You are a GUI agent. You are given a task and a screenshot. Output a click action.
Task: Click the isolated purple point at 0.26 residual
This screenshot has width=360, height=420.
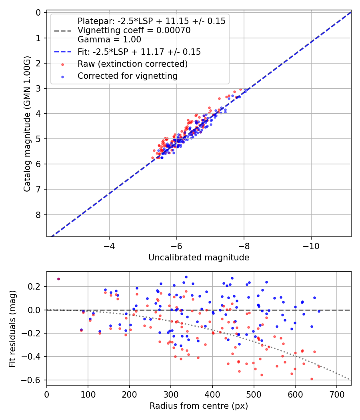(58, 279)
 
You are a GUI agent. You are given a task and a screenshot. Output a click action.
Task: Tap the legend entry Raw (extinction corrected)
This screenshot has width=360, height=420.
(132, 64)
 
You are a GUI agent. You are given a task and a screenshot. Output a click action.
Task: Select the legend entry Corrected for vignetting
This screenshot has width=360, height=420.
(128, 76)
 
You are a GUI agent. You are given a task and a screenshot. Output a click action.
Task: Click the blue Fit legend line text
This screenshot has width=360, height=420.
(139, 52)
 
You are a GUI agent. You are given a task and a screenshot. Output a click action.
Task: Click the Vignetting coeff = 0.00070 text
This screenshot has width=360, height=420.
(134, 30)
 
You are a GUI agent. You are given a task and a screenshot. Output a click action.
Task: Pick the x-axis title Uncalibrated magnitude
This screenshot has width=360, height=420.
(199, 258)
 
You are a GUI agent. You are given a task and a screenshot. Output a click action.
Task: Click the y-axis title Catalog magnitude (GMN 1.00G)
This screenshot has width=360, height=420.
(27, 125)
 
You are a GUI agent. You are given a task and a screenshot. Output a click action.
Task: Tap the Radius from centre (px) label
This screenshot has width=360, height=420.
(199, 406)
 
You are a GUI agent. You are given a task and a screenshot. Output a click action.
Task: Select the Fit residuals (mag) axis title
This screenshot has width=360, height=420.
(12, 328)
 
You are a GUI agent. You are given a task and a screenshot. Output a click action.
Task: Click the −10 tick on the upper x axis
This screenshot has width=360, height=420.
(311, 245)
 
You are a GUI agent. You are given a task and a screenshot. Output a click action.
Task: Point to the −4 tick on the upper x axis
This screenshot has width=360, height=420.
(109, 245)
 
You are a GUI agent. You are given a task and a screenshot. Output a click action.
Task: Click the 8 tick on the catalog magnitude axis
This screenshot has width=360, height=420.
(38, 215)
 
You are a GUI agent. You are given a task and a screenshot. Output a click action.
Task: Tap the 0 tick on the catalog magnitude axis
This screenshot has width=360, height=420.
(38, 12)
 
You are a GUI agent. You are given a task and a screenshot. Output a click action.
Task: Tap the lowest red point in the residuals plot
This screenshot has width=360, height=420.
(312, 379)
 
